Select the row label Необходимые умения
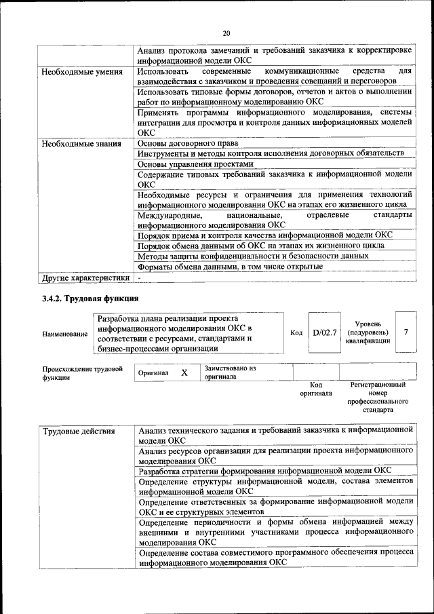pos(82,72)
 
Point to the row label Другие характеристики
pos(85,277)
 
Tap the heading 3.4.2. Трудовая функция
pos(90,299)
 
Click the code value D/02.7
pos(324,333)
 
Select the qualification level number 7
pos(406,332)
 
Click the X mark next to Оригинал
pos(184,373)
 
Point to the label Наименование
pos(64,334)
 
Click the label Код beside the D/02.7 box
pos(296,333)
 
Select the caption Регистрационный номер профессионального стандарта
pos(378,397)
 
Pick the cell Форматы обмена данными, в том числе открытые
pos(230,267)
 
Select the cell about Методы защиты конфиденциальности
pos(253,256)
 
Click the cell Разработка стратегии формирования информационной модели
pos(264,470)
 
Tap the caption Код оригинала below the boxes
pos(317,389)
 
